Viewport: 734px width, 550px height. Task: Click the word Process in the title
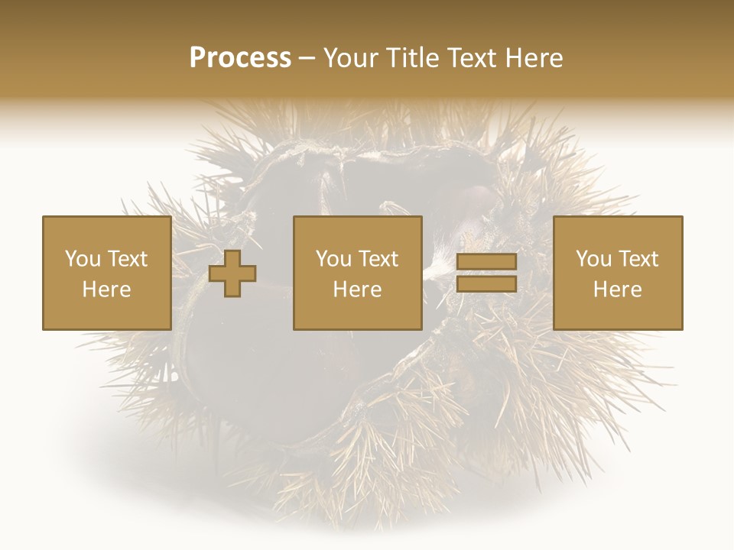point(240,58)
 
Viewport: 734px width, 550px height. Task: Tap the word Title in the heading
point(413,58)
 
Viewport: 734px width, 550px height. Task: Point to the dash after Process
point(307,58)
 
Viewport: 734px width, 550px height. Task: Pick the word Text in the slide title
point(469,58)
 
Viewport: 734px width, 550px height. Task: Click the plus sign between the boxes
point(232,273)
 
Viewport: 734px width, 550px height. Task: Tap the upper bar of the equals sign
point(486,262)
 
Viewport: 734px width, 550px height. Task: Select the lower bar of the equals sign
point(486,284)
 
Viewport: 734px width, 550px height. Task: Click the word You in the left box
point(82,259)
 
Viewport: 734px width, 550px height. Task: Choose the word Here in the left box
point(106,290)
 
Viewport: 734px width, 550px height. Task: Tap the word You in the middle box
point(333,259)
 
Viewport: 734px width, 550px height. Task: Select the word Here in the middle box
point(357,290)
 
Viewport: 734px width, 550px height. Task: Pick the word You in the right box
point(593,259)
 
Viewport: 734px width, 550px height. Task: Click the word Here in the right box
point(617,290)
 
